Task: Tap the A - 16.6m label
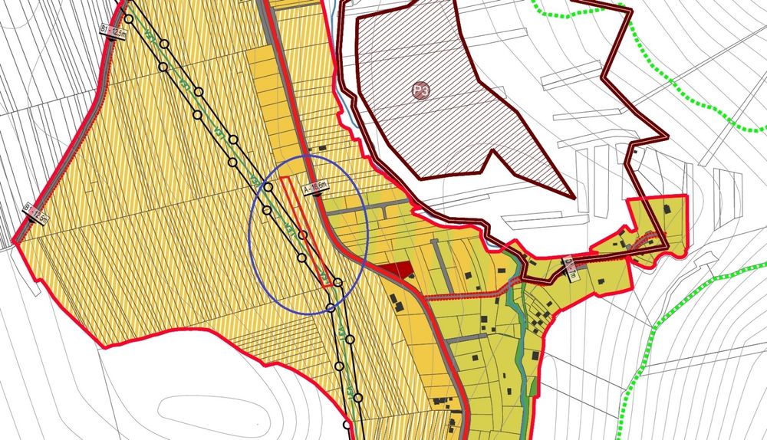pyautogui.click(x=315, y=187)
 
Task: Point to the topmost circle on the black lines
pyautogui.click(x=129, y=19)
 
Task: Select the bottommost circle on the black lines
pyautogui.click(x=347, y=424)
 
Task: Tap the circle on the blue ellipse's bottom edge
pyautogui.click(x=331, y=307)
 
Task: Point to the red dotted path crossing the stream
pyautogui.click(x=491, y=293)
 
